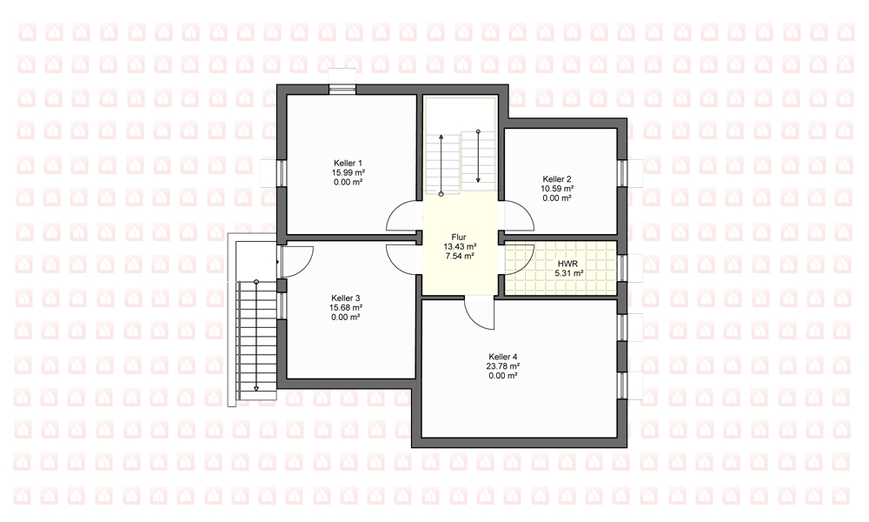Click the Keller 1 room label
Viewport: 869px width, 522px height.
pyautogui.click(x=348, y=163)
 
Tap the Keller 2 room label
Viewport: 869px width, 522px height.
pyautogui.click(x=557, y=179)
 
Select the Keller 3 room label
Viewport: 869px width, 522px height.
pyautogui.click(x=346, y=298)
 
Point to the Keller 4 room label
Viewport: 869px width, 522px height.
pyautogui.click(x=503, y=357)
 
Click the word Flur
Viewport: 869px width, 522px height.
pyautogui.click(x=459, y=237)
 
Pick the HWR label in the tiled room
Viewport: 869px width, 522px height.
pyautogui.click(x=568, y=264)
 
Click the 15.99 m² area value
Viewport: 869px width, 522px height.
pyautogui.click(x=348, y=172)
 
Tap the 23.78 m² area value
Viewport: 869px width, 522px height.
pyautogui.click(x=503, y=366)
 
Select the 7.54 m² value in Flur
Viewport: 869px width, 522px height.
pyautogui.click(x=460, y=257)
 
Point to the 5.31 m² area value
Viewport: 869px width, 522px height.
pyautogui.click(x=568, y=273)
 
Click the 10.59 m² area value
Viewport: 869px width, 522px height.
pyautogui.click(x=557, y=189)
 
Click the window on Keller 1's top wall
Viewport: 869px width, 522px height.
pyautogui.click(x=342, y=89)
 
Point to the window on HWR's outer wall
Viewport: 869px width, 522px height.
pyautogui.click(x=622, y=268)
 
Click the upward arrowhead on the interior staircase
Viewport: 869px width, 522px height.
pyautogui.click(x=441, y=137)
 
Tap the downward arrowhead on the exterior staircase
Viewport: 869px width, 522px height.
pyautogui.click(x=256, y=388)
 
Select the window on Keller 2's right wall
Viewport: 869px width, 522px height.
pyautogui.click(x=622, y=173)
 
